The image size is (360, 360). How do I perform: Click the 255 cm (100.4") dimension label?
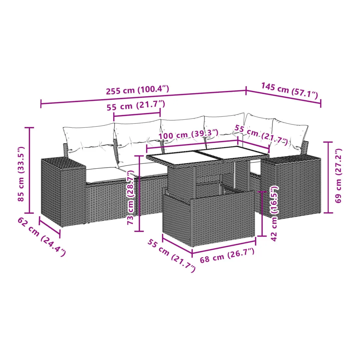pos(137,90)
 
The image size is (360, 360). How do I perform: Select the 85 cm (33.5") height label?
pos(21,174)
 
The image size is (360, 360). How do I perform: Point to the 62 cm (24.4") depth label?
pos(42,237)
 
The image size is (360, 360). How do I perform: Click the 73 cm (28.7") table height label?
pos(131,197)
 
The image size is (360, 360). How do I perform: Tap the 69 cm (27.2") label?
pos(338,176)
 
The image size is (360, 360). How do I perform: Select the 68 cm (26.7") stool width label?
pos(227,255)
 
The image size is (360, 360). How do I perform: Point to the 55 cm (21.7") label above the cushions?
pos(136,105)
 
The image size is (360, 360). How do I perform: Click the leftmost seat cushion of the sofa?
pos(103,175)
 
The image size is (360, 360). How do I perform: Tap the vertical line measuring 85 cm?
pos(29,170)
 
